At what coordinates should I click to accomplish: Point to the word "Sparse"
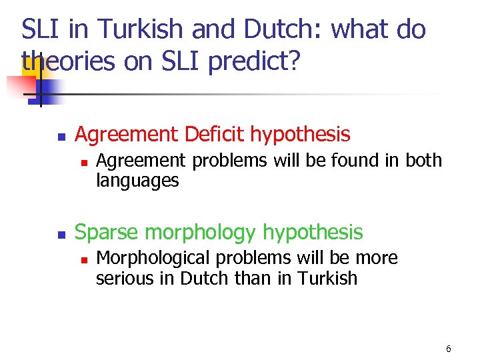107,232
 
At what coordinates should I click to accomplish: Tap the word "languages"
137,181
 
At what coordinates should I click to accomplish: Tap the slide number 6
449,349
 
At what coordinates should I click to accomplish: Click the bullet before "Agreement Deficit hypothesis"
61,136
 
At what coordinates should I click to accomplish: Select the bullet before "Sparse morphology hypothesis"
61,233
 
